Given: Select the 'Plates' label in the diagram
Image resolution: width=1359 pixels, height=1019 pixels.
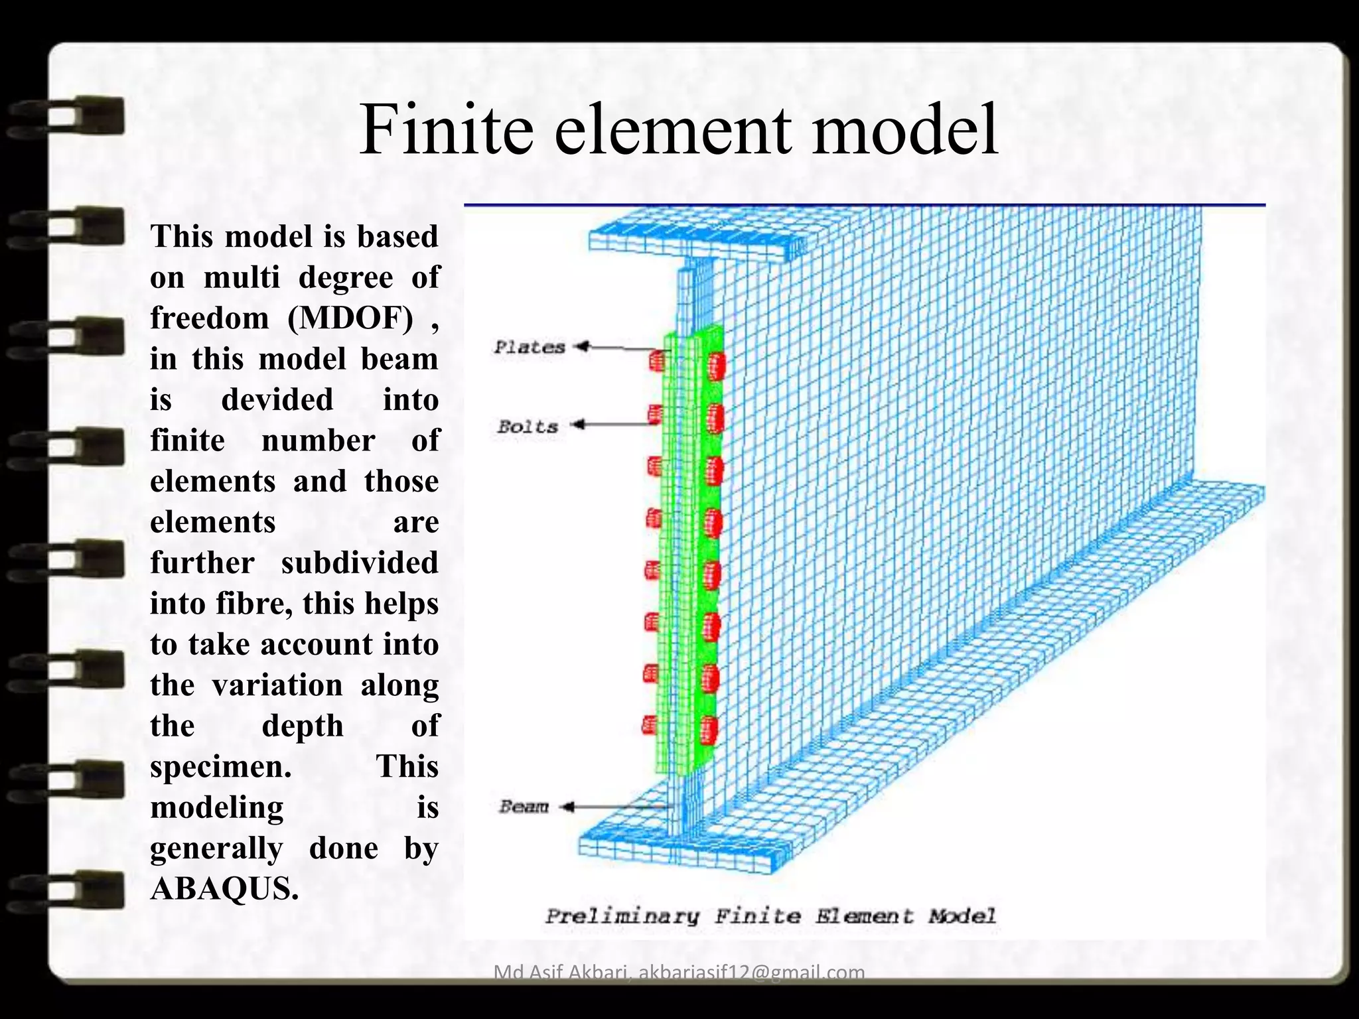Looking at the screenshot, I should pyautogui.click(x=529, y=347).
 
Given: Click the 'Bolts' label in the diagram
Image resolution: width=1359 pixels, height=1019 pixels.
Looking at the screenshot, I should pyautogui.click(x=528, y=427).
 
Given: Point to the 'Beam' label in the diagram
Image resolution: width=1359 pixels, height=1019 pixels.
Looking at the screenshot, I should pyautogui.click(x=524, y=807).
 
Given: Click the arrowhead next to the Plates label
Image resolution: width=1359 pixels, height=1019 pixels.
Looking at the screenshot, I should pyautogui.click(x=582, y=346).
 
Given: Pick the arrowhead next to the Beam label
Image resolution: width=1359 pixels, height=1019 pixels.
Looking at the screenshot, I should pyautogui.click(x=567, y=807).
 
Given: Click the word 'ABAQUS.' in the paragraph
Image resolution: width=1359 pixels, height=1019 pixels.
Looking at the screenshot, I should pyautogui.click(x=224, y=888).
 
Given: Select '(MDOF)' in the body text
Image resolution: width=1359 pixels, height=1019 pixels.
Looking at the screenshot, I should pyautogui.click(x=350, y=318).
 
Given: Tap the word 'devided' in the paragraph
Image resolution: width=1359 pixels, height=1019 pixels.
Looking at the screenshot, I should pyautogui.click(x=277, y=399).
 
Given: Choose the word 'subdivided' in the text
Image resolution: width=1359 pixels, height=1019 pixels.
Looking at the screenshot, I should pyautogui.click(x=359, y=563).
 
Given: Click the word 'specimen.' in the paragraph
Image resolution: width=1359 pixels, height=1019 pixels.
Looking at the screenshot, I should pyautogui.click(x=221, y=767).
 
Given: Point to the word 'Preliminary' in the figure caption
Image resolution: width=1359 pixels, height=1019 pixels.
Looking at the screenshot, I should pyautogui.click(x=622, y=917).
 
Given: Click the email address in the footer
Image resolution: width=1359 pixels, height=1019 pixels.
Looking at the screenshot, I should pyautogui.click(x=751, y=973).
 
